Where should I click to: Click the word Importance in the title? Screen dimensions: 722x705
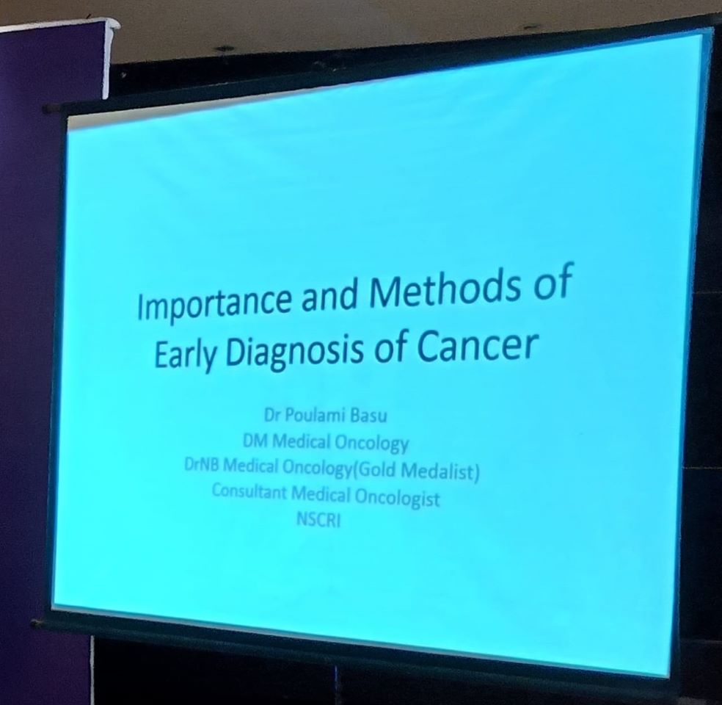click(214, 303)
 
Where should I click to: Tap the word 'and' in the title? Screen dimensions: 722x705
click(329, 294)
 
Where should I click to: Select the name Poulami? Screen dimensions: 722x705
click(315, 415)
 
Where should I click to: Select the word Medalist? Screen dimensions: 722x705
click(440, 471)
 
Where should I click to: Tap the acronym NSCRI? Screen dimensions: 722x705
click(318, 520)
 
